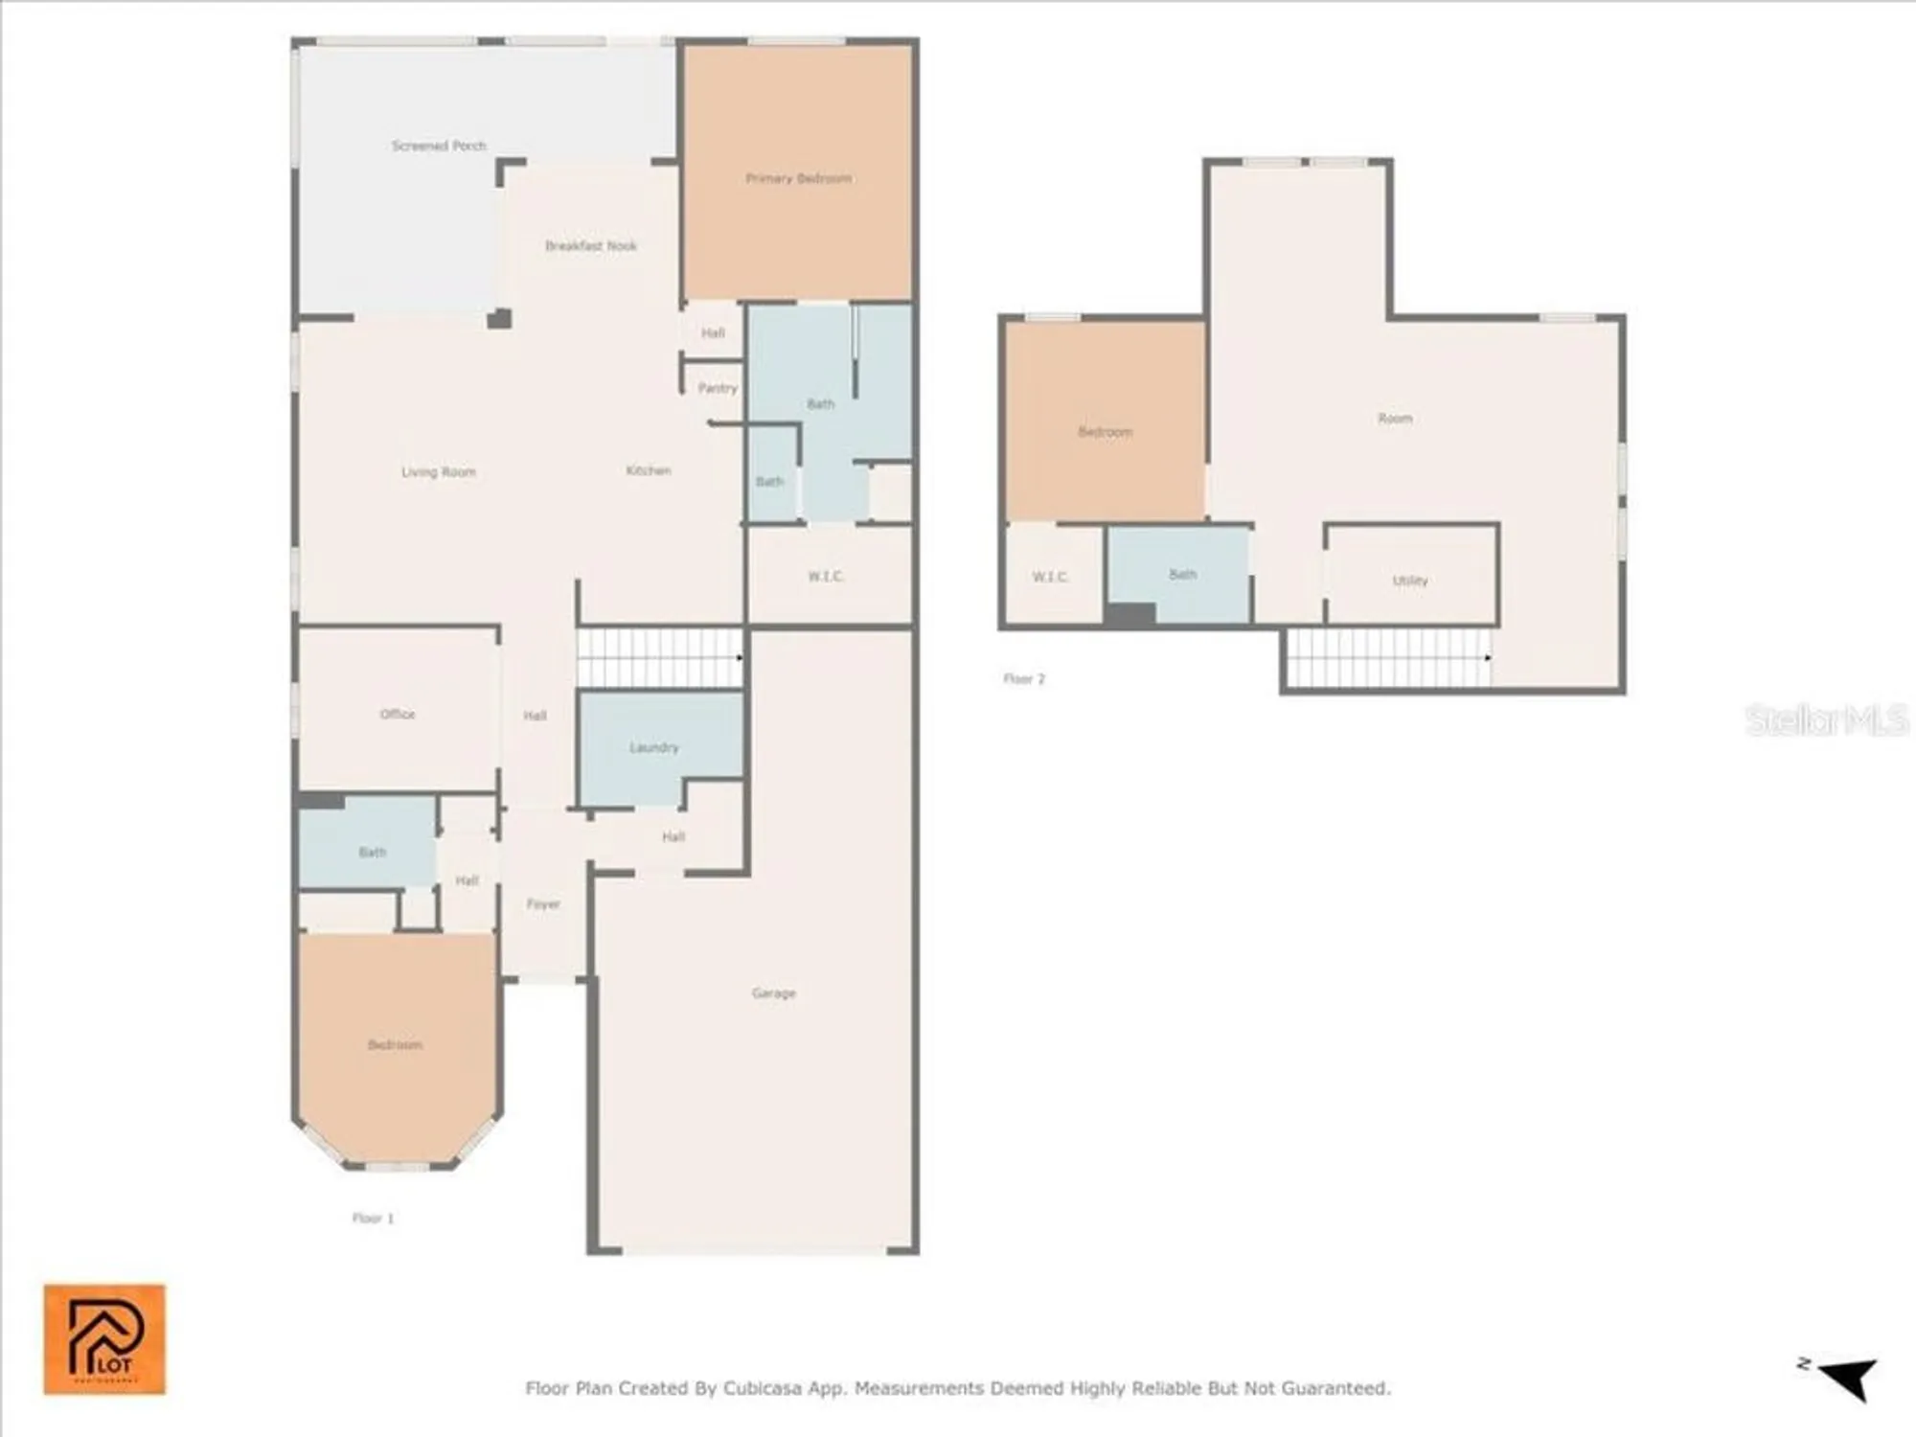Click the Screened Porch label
tap(439, 146)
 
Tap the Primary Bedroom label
tap(798, 178)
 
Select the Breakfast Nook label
tap(590, 246)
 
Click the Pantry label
tap(718, 388)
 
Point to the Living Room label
tap(438, 472)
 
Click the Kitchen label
tap(649, 470)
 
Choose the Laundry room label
tap(654, 747)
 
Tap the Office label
tap(398, 714)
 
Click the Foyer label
tap(543, 903)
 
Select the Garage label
tap(773, 993)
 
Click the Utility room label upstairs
tap(1409, 581)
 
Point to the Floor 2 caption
tap(1024, 678)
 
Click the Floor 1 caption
tap(373, 1219)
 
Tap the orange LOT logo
tap(104, 1338)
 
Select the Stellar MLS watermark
tap(1826, 720)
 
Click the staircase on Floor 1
tap(659, 657)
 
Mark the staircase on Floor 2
tap(1388, 658)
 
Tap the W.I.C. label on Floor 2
tap(1050, 577)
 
